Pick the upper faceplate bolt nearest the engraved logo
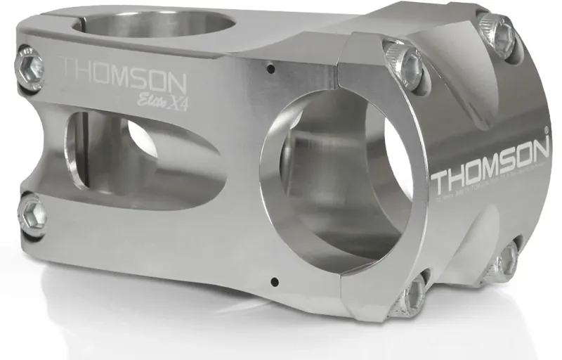pos(406,63)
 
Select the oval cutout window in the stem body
pos(140,151)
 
